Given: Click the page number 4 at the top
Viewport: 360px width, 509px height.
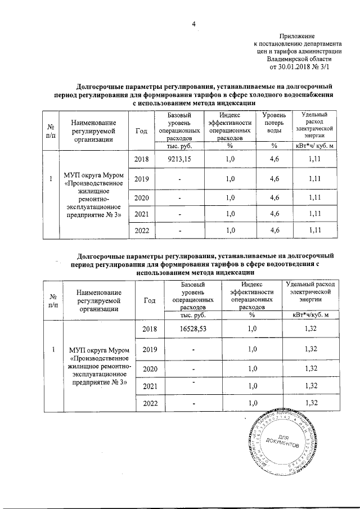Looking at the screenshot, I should coord(193,24).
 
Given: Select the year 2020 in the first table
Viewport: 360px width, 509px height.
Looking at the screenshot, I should coord(142,197).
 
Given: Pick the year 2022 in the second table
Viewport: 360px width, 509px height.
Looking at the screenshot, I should coord(150,403).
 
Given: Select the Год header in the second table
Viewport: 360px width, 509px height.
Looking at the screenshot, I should coord(150,300).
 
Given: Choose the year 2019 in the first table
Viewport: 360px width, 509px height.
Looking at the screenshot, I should coord(142,179).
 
